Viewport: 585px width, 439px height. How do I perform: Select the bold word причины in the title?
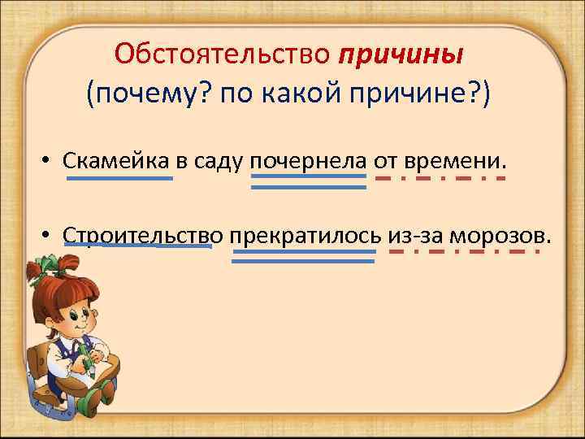(x=401, y=54)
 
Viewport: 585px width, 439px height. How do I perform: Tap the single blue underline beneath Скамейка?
(x=119, y=178)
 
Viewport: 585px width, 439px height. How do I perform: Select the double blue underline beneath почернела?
(x=309, y=182)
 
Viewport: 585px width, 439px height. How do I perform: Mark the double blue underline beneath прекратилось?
(x=304, y=256)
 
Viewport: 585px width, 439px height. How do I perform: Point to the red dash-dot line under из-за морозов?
(x=465, y=251)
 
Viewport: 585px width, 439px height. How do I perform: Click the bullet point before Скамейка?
(x=50, y=160)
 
